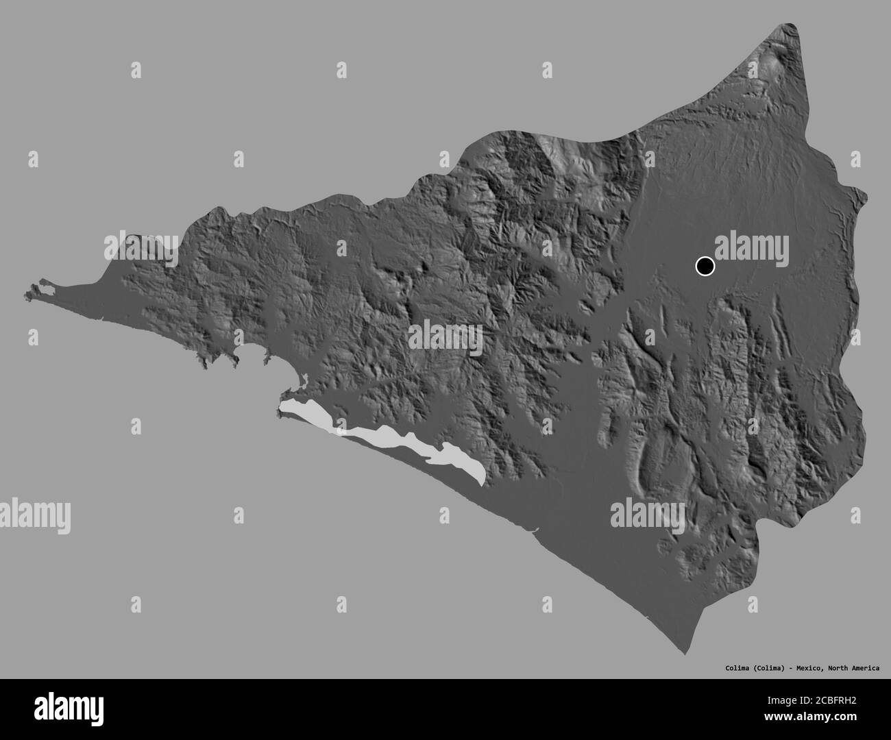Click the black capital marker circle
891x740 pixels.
click(705, 266)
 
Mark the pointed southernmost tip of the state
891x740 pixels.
click(686, 654)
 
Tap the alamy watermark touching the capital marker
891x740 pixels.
click(752, 246)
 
